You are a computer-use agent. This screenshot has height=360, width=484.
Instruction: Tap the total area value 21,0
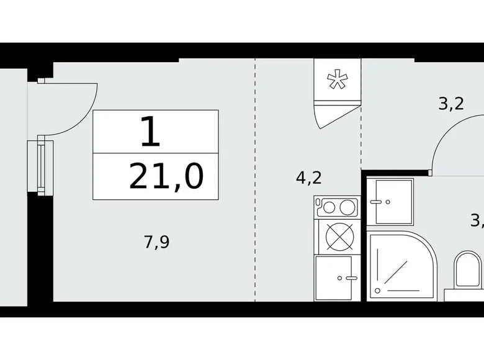[x=166, y=178]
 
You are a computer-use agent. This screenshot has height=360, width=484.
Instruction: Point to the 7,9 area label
[x=157, y=241]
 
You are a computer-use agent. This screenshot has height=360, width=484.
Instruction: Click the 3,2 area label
[x=451, y=104]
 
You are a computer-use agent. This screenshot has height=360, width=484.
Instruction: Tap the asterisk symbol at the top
[x=337, y=81]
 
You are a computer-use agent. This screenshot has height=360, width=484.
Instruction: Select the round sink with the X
[x=338, y=236]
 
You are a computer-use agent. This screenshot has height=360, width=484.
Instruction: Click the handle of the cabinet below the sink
[x=351, y=277]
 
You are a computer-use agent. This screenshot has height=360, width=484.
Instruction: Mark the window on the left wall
[x=41, y=165]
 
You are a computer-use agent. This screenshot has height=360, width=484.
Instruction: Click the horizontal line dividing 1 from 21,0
[x=156, y=153]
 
